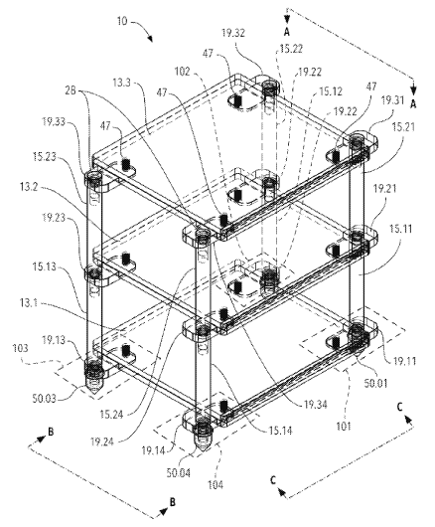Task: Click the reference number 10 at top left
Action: click(x=122, y=21)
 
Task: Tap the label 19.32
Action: click(x=233, y=33)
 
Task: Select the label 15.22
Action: click(x=291, y=49)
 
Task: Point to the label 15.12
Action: click(x=331, y=91)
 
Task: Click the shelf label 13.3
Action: click(x=121, y=83)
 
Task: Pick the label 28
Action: click(x=71, y=90)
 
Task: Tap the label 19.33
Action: click(x=54, y=121)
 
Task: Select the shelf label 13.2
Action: click(x=29, y=187)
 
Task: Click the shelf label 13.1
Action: click(x=29, y=303)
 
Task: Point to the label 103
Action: click(x=20, y=348)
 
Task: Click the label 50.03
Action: click(x=44, y=399)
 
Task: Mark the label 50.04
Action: click(x=178, y=473)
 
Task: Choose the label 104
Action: click(x=216, y=484)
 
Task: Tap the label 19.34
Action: click(x=316, y=405)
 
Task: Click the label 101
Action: click(x=344, y=427)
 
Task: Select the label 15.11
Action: click(x=400, y=230)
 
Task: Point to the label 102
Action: click(x=183, y=72)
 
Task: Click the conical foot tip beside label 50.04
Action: click(x=202, y=450)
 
